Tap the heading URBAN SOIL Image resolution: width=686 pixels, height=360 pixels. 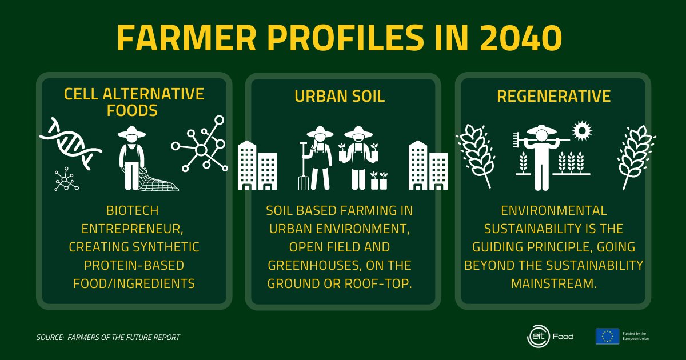[x=340, y=97]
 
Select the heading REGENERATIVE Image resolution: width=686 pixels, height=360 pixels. [x=553, y=97]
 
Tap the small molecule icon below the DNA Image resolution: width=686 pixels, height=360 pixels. [x=66, y=179]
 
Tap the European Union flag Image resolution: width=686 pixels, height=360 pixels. [x=607, y=336]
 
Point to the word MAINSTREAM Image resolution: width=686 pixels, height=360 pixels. [x=553, y=283]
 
